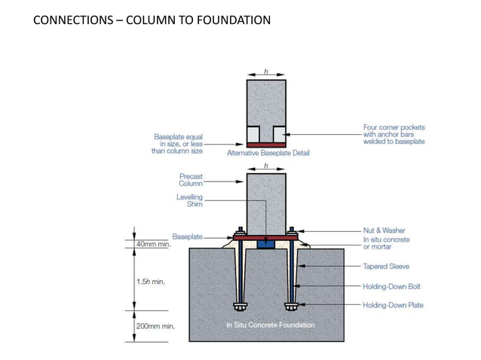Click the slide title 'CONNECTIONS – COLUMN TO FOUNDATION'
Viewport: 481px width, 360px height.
[x=152, y=20]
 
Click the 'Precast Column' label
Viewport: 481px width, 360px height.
[x=190, y=180]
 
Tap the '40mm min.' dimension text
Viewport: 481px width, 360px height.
[x=154, y=245]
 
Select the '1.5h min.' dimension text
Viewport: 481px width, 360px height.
[x=152, y=282]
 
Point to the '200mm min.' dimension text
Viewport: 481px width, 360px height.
[x=155, y=326]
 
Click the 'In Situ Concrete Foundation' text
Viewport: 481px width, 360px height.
[x=270, y=325]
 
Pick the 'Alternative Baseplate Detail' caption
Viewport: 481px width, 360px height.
[x=268, y=153]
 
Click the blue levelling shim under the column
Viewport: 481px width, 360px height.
[x=265, y=243]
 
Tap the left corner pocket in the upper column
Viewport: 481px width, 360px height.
[x=253, y=133]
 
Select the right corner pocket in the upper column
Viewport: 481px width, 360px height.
[x=279, y=133]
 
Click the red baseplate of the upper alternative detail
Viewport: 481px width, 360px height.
[x=266, y=145]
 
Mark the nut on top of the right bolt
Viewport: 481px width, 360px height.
[x=291, y=230]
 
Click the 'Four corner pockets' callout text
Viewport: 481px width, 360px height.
[x=394, y=134]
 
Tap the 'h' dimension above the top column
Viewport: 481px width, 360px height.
[x=266, y=72]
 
